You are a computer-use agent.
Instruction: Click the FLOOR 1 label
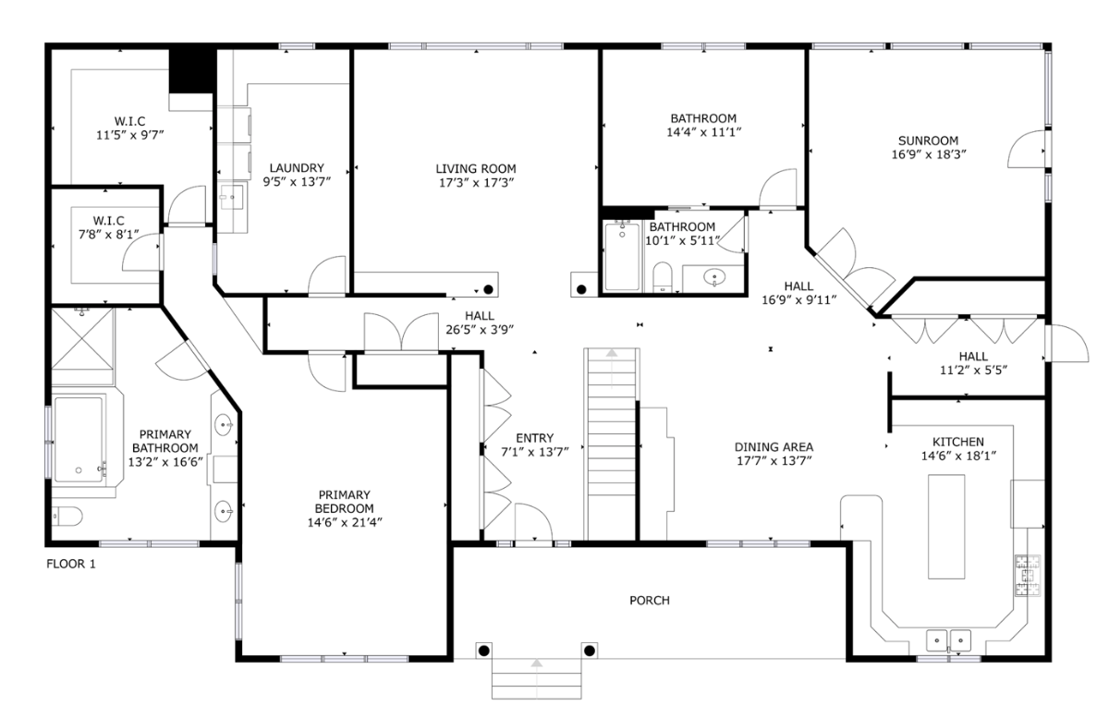coord(71,563)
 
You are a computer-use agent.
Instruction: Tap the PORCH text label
coord(649,601)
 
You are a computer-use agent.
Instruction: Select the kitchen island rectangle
coord(946,526)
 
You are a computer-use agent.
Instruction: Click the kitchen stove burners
coord(1027,574)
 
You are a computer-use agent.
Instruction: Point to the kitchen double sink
coord(949,639)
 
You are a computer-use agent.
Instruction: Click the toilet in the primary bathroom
coord(67,516)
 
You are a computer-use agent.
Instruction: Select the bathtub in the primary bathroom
coord(80,439)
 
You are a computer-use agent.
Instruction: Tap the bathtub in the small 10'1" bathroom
coord(622,256)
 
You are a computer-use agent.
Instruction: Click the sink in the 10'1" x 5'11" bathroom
coord(713,276)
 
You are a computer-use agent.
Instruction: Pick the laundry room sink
coord(232,196)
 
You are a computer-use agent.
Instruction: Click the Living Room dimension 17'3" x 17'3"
coord(476,183)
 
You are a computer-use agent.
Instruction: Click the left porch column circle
coord(483,651)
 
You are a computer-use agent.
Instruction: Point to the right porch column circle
coord(588,651)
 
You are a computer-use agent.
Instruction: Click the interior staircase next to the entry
coord(611,444)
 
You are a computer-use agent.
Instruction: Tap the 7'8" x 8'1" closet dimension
coord(108,235)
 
